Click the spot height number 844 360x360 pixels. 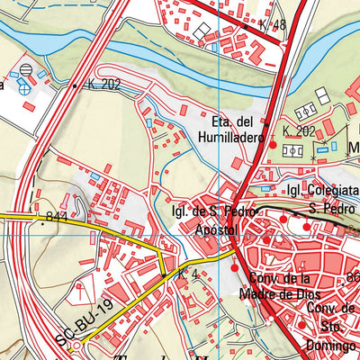[x=56, y=216]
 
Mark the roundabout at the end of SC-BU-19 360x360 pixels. [x=76, y=344]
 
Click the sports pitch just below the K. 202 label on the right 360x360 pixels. [x=292, y=150]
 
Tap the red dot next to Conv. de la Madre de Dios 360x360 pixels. [x=236, y=268]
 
